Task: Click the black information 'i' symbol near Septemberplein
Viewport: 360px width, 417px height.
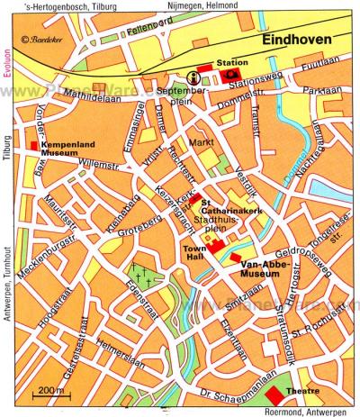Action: click(x=194, y=77)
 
